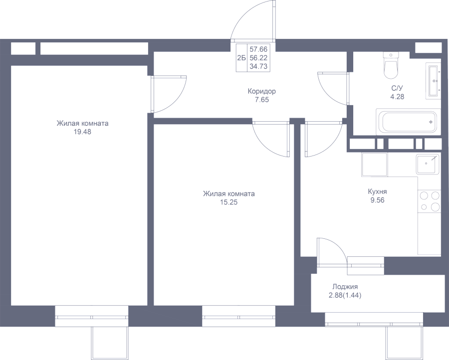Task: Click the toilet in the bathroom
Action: coord(391,65)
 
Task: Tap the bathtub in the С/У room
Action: coord(408,122)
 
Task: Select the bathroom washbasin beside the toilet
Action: coord(433,81)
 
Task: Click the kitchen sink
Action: coord(428,164)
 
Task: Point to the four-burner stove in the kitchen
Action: coord(429,201)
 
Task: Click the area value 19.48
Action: coord(82,132)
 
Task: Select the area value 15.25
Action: coord(229,202)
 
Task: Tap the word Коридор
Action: coord(262,92)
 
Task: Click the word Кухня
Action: coord(378,192)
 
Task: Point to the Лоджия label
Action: coord(345,287)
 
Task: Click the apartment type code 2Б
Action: coord(241,58)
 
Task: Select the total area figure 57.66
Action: coord(258,49)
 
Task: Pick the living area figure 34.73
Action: coord(258,66)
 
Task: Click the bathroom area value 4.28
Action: coord(397,97)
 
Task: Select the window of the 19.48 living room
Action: coord(91,316)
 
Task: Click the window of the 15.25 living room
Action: coord(238,316)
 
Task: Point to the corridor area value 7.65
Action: coord(262,100)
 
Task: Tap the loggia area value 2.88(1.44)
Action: coord(345,295)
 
